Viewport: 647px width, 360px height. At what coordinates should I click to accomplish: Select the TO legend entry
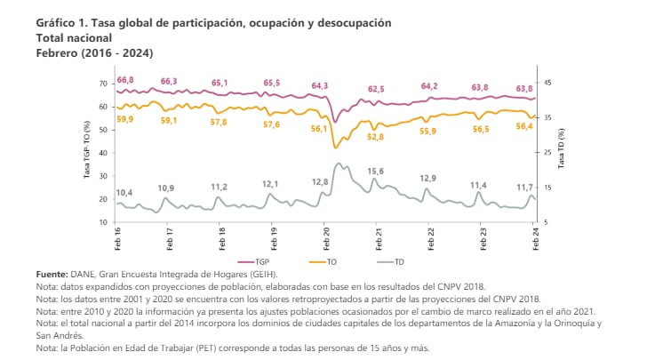(324, 262)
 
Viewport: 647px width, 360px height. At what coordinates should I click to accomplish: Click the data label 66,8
(125, 80)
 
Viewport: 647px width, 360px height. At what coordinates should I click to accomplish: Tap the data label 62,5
(376, 89)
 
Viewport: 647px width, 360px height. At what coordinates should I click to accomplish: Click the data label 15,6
(375, 171)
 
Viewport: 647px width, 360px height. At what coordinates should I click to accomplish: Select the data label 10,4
(124, 193)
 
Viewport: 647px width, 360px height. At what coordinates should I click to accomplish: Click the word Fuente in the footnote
(52, 276)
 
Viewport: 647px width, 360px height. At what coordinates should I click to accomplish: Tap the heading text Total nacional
(74, 39)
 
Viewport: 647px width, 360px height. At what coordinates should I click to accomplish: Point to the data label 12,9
(427, 178)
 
